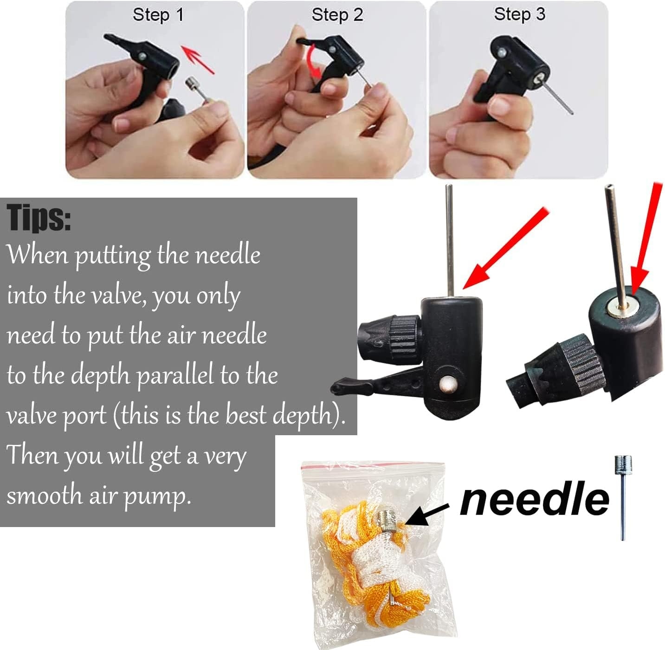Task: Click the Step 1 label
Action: pos(158,15)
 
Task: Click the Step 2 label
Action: pos(337,15)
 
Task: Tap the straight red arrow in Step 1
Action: pos(197,59)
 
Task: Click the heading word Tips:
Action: pos(39,218)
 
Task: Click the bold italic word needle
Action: pos(535,499)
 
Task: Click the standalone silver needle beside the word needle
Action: pos(623,497)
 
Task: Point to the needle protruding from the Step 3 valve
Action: pos(554,96)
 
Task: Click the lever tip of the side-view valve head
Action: pos(338,386)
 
